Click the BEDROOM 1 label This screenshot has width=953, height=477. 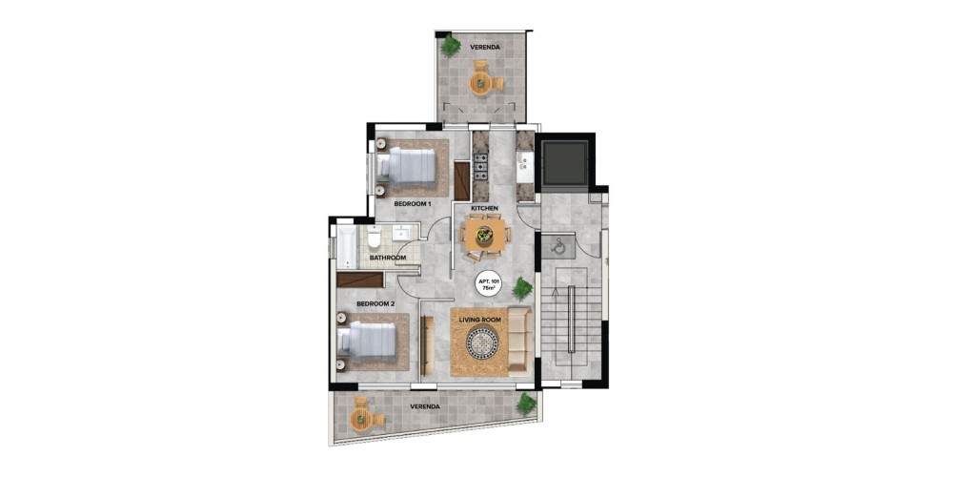[x=413, y=204]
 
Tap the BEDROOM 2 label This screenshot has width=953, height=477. [x=375, y=303]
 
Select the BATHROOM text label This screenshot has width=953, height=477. [x=388, y=258]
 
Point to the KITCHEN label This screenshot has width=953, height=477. [x=484, y=209]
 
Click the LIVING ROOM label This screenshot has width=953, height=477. [x=480, y=318]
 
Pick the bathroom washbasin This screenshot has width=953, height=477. [x=402, y=233]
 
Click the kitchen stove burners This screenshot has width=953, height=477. [x=480, y=167]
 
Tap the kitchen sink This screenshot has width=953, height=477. [x=523, y=164]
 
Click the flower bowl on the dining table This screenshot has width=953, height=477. [x=484, y=235]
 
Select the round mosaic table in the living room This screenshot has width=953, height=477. [x=482, y=343]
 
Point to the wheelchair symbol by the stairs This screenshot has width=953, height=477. [x=558, y=245]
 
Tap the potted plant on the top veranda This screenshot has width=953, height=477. [x=450, y=46]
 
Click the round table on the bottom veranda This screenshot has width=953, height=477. [x=361, y=418]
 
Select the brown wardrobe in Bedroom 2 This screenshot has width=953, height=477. [x=360, y=280]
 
